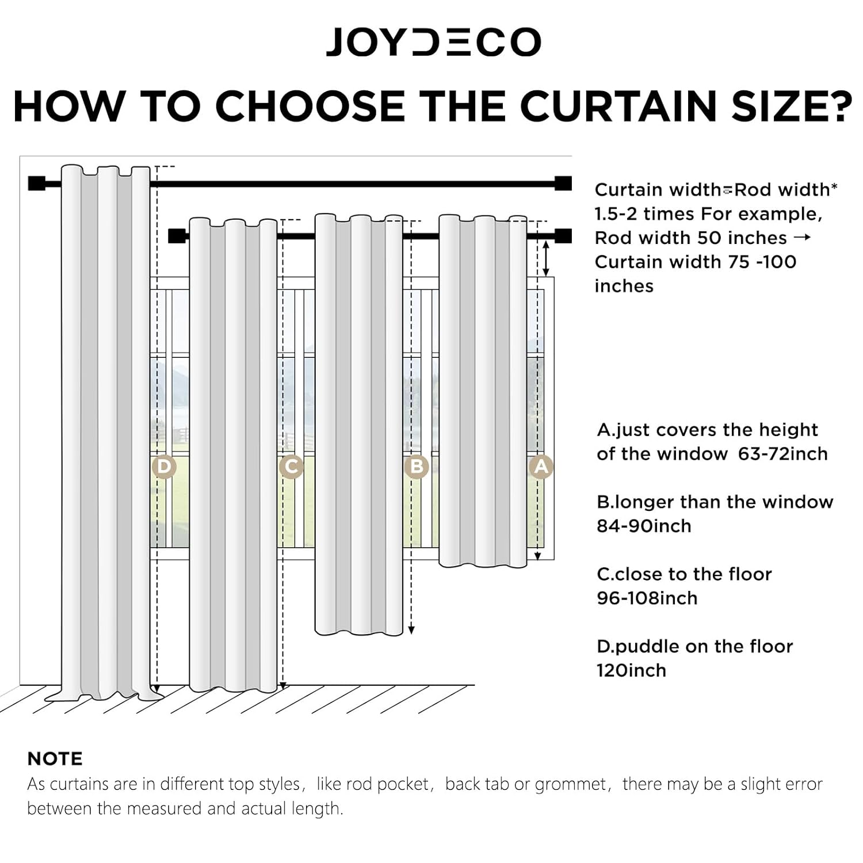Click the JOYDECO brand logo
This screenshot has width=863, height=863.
[433, 42]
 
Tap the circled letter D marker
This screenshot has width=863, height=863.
[163, 467]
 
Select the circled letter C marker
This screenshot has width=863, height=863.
[291, 467]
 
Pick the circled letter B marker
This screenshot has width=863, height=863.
[417, 467]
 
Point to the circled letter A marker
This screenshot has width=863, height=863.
[541, 467]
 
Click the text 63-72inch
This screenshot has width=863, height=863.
[782, 454]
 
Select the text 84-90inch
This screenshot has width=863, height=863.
[643, 526]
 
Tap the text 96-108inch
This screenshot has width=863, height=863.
[647, 598]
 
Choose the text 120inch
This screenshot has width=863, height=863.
[631, 670]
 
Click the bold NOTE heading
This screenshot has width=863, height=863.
[55, 759]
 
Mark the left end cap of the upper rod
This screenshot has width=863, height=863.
[37, 184]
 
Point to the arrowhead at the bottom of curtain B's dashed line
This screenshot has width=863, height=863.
[411, 631]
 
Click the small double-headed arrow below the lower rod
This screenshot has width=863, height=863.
[546, 259]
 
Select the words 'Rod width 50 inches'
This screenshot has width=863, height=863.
[690, 238]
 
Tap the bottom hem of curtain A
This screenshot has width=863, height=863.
[482, 564]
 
